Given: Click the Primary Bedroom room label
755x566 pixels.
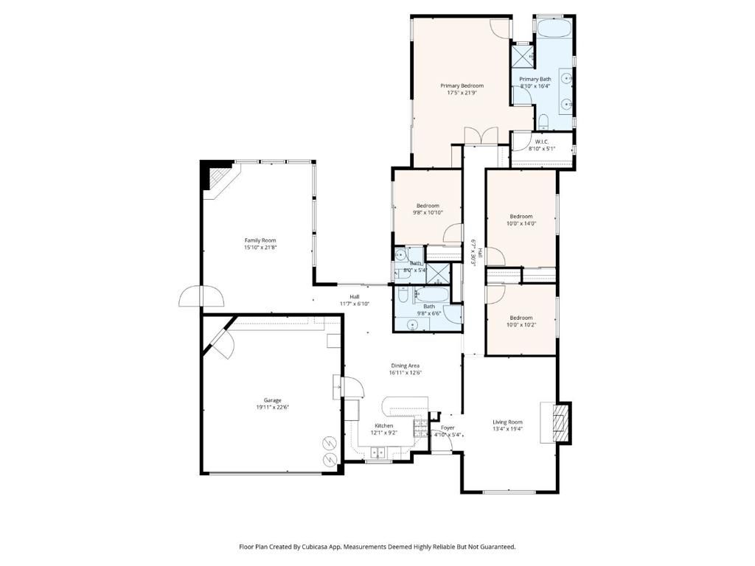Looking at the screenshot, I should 462,85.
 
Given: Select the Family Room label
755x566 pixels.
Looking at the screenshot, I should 260,240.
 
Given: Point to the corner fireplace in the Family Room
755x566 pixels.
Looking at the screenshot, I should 218,178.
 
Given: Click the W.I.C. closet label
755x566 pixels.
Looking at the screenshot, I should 542,141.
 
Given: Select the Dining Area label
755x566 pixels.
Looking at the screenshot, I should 406,366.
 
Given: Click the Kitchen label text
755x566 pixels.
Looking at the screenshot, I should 383,426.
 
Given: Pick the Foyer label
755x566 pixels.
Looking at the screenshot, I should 448,427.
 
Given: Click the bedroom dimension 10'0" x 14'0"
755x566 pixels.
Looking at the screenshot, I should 521,223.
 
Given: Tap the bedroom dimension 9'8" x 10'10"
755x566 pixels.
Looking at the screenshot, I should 428,213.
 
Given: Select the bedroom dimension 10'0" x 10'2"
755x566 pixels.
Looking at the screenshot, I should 521,325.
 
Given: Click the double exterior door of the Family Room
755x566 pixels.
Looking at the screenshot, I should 200,296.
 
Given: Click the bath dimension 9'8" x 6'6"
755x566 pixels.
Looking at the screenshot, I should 428,313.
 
